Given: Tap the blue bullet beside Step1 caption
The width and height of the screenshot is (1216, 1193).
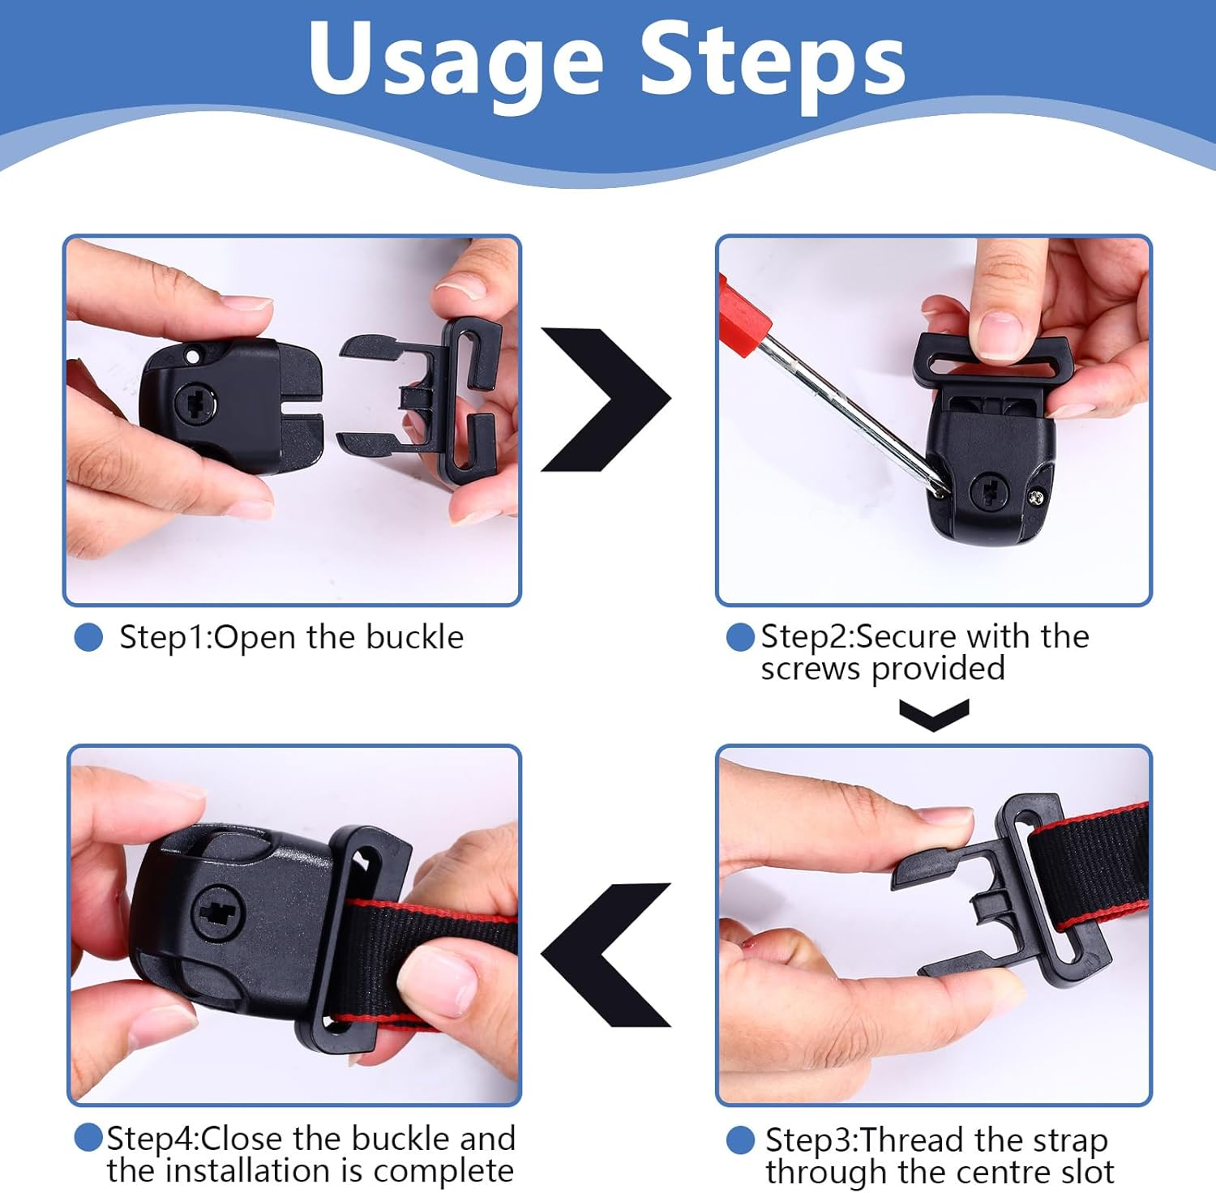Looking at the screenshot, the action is (x=88, y=637).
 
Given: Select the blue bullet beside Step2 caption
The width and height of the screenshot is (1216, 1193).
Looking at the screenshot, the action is (x=740, y=637).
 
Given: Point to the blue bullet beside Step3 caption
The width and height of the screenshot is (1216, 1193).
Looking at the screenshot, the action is (x=740, y=1140).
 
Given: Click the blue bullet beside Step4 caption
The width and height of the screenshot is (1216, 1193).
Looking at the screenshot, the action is (x=88, y=1138).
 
